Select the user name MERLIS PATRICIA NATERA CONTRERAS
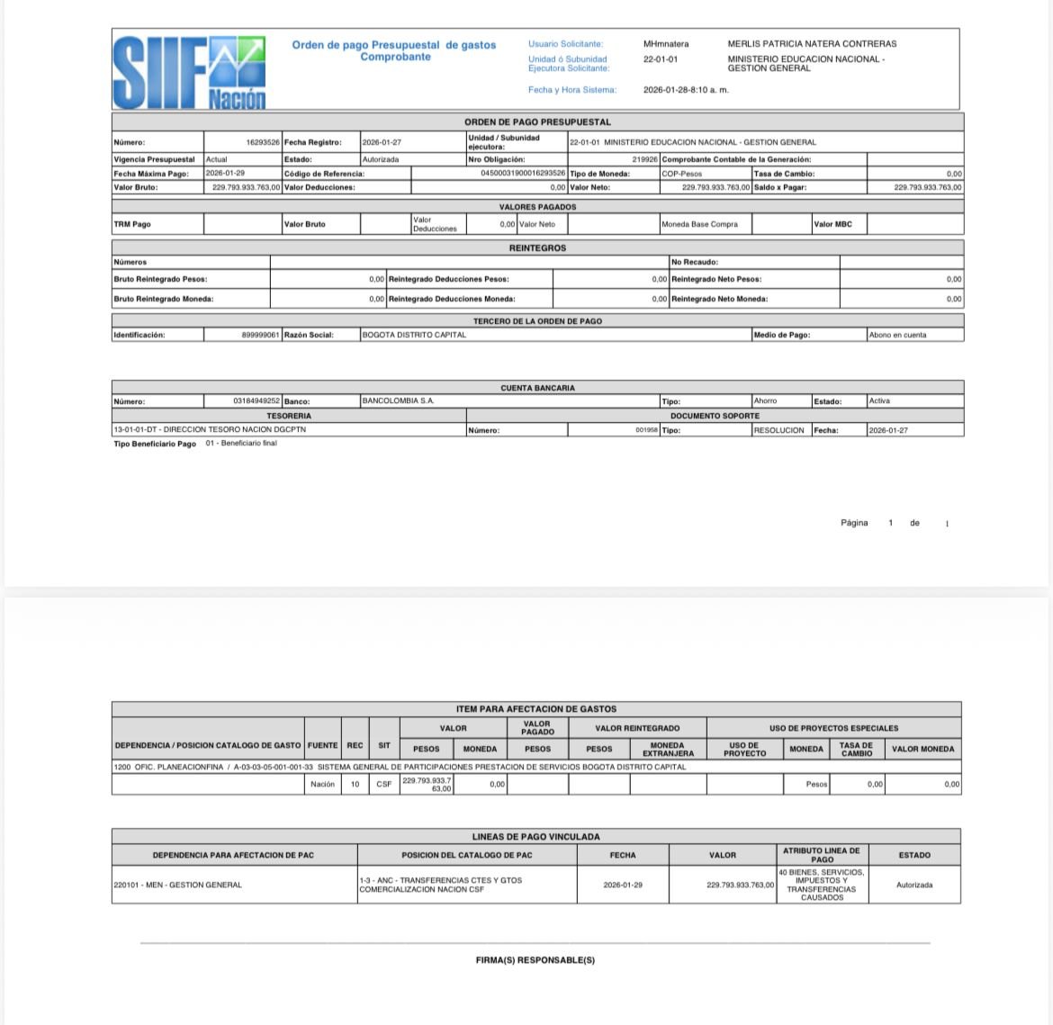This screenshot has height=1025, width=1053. (812, 43)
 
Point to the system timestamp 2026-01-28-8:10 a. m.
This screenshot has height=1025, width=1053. (686, 90)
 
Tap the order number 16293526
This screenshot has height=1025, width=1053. (263, 142)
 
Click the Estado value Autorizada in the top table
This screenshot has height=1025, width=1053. (380, 159)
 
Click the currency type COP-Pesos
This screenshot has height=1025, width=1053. (681, 174)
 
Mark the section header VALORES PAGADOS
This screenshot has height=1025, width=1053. (537, 207)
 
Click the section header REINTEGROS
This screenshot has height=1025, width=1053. (537, 248)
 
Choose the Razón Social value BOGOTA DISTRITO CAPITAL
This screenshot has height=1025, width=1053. (414, 335)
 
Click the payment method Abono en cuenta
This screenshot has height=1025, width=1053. (897, 335)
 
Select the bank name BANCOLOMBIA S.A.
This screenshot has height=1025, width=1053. (398, 401)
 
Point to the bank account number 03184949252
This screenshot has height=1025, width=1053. (256, 401)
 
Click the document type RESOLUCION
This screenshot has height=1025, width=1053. (779, 430)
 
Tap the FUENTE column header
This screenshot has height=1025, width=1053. (322, 745)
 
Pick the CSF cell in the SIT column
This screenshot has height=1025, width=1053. (384, 785)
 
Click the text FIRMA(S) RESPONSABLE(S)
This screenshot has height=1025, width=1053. (535, 960)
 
